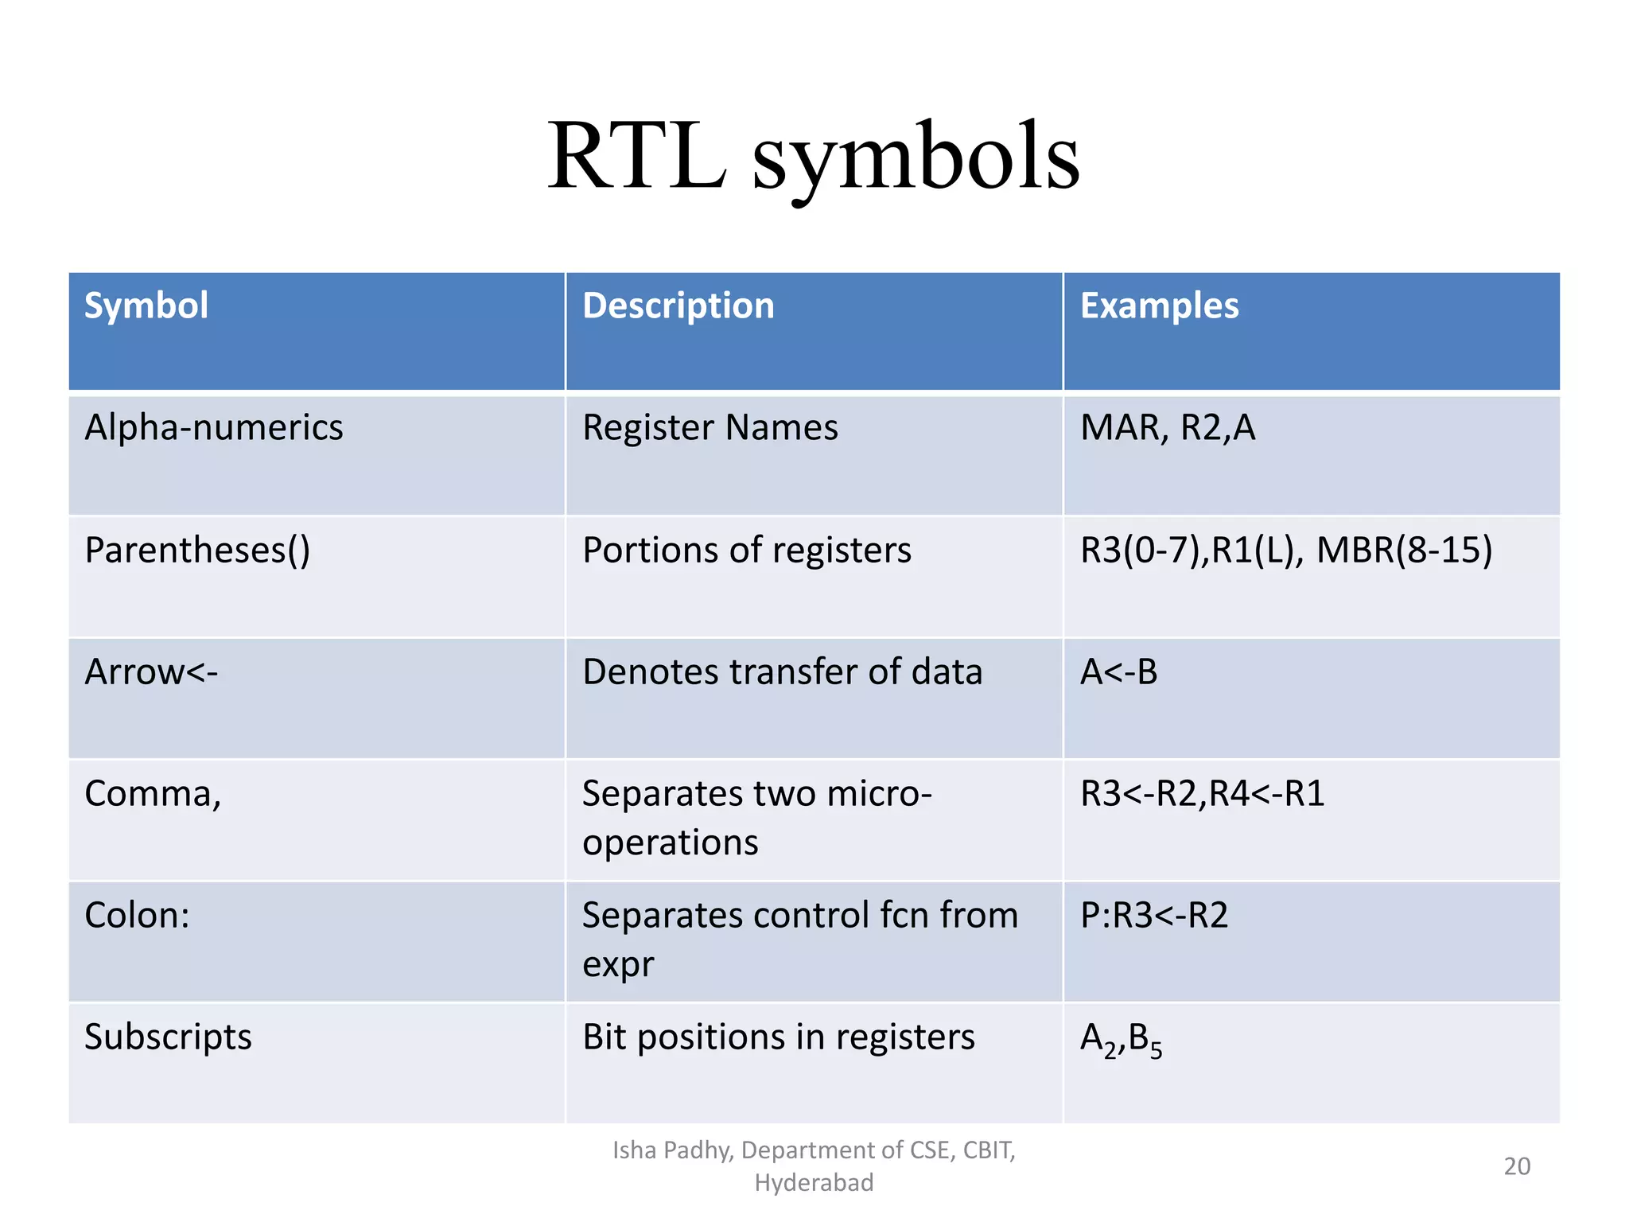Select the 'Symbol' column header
click(x=146, y=305)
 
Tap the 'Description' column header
click(x=678, y=305)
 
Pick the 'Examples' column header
click(x=1159, y=305)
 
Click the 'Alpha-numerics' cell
click(x=213, y=428)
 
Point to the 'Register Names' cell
click(x=710, y=428)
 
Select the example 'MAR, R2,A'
click(x=1167, y=428)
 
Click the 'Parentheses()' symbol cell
click(x=197, y=551)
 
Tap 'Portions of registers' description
click(x=746, y=551)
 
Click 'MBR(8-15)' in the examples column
click(x=1404, y=551)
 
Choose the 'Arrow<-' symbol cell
click(x=151, y=672)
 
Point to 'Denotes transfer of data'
click(x=782, y=672)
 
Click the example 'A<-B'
click(x=1118, y=672)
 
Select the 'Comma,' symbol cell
click(x=153, y=794)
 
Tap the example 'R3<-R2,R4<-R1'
click(x=1202, y=794)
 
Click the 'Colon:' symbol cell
click(x=137, y=916)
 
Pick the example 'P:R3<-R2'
click(x=1153, y=916)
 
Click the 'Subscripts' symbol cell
click(x=168, y=1037)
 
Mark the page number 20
click(x=1517, y=1166)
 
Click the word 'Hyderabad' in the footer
click(x=814, y=1183)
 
